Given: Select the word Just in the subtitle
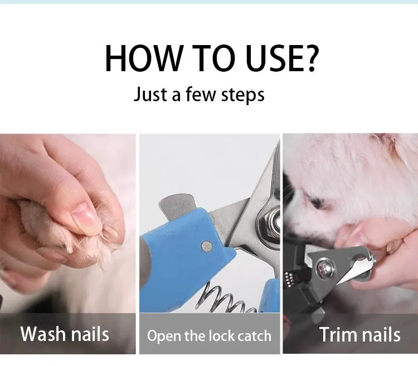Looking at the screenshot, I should click(x=150, y=94).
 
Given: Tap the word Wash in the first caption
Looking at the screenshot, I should click(x=42, y=334).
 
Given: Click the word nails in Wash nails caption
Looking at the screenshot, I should click(x=90, y=334).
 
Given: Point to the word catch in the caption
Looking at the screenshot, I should click(x=254, y=335).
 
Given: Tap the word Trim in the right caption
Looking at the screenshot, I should click(x=338, y=334).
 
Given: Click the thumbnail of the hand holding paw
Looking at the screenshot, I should click(x=67, y=222).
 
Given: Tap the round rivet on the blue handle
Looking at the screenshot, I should click(x=206, y=245).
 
